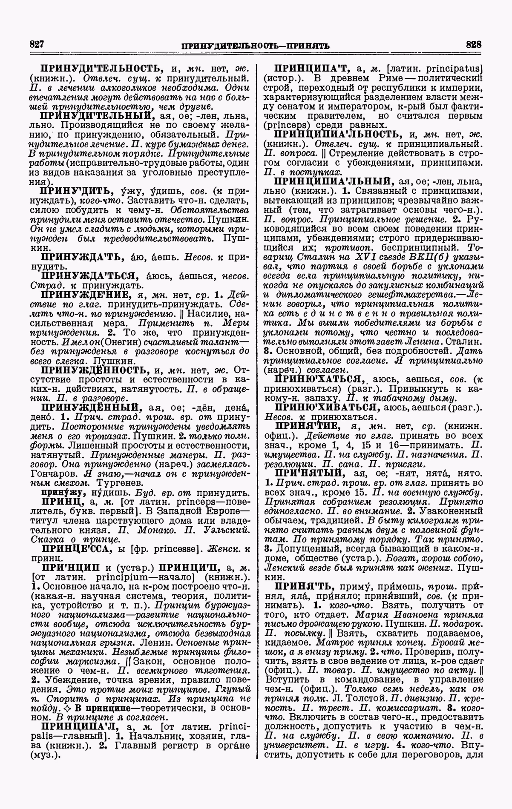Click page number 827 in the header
point(37,44)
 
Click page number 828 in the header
point(473,44)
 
